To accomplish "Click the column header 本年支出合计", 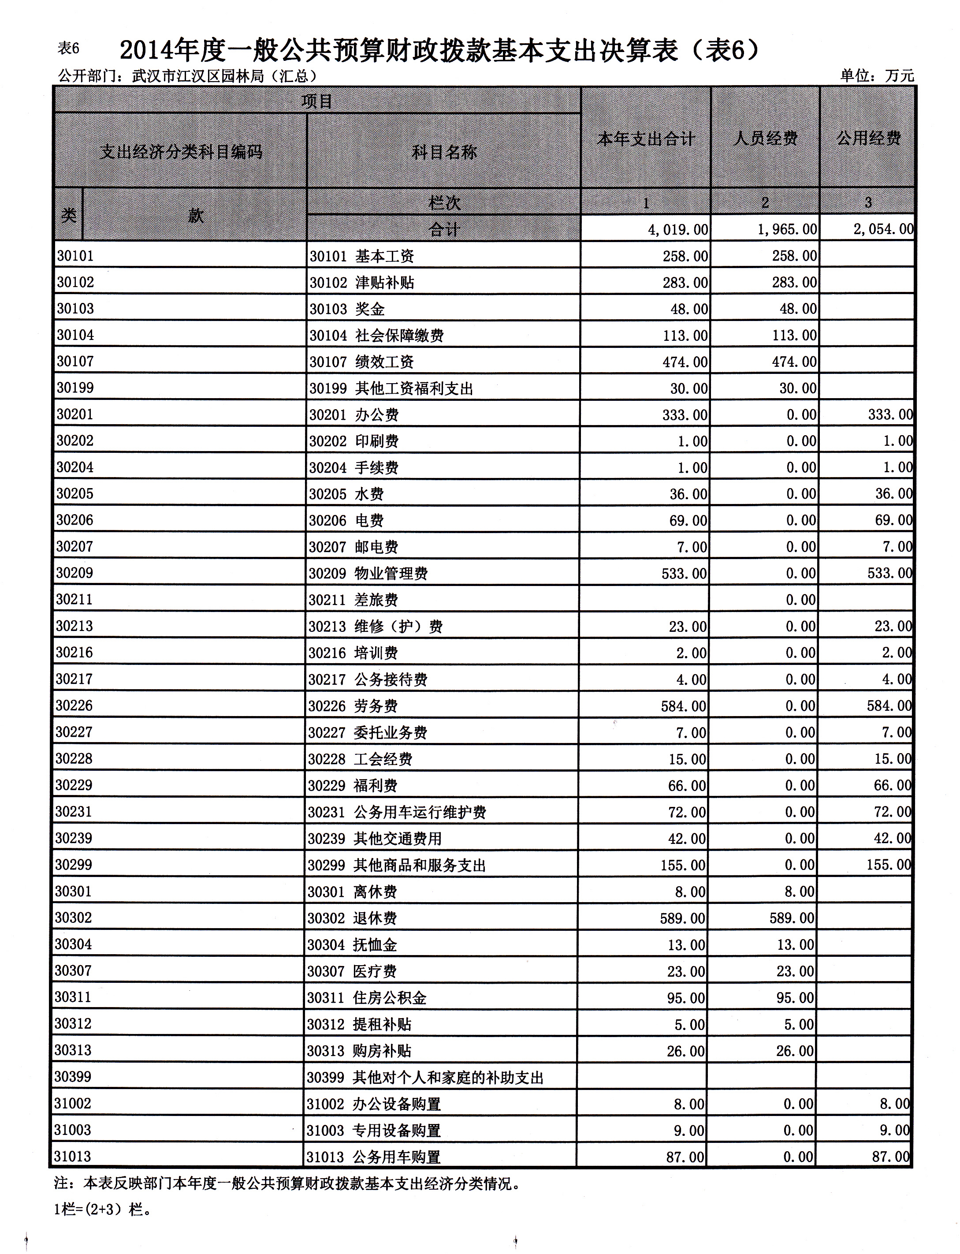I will coord(646,138).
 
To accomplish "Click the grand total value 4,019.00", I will coord(678,229).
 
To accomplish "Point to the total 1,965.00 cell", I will coord(787,229).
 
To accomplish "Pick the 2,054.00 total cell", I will coord(883,229).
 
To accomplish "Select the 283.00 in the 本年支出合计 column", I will coord(685,282).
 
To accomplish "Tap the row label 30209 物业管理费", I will coord(368,573).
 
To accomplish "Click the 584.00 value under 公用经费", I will coord(889,705).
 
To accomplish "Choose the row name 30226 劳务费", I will coord(353,706).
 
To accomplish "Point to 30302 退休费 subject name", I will coord(352,918).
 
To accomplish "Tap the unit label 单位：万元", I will coord(877,75).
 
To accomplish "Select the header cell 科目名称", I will coord(444,152).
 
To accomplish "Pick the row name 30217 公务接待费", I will coord(368,679).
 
